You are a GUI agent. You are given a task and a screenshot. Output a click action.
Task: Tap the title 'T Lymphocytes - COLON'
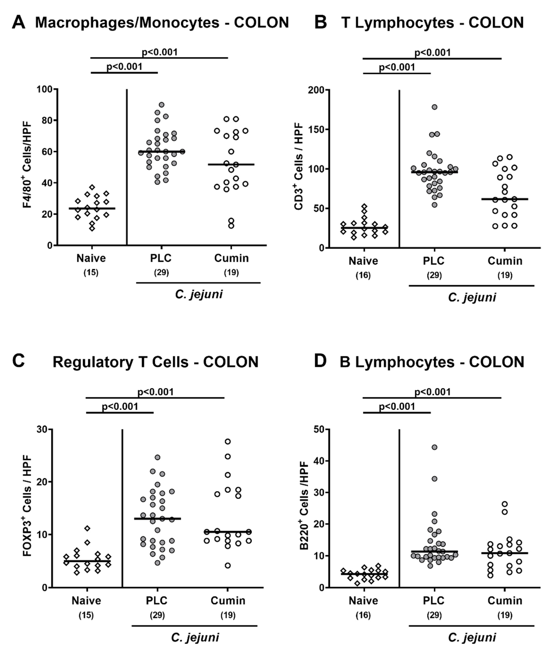click(x=432, y=22)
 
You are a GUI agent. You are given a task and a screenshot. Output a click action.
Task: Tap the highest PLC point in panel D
click(x=435, y=447)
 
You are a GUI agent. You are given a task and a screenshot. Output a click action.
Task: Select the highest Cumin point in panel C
click(x=228, y=441)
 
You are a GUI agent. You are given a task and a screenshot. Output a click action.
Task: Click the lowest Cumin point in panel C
click(x=228, y=566)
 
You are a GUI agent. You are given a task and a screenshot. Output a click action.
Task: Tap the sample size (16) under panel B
click(x=363, y=275)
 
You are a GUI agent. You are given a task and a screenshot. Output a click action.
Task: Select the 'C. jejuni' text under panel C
click(x=195, y=637)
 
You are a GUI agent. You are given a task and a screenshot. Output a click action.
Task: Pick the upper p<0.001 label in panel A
click(x=160, y=52)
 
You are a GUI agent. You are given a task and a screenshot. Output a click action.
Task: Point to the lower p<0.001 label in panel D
click(x=397, y=407)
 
